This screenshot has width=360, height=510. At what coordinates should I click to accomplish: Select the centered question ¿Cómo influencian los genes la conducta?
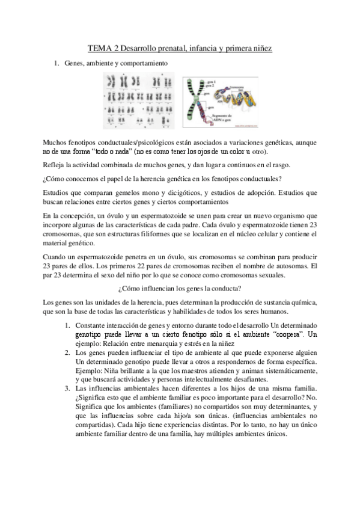tap(180, 287)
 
